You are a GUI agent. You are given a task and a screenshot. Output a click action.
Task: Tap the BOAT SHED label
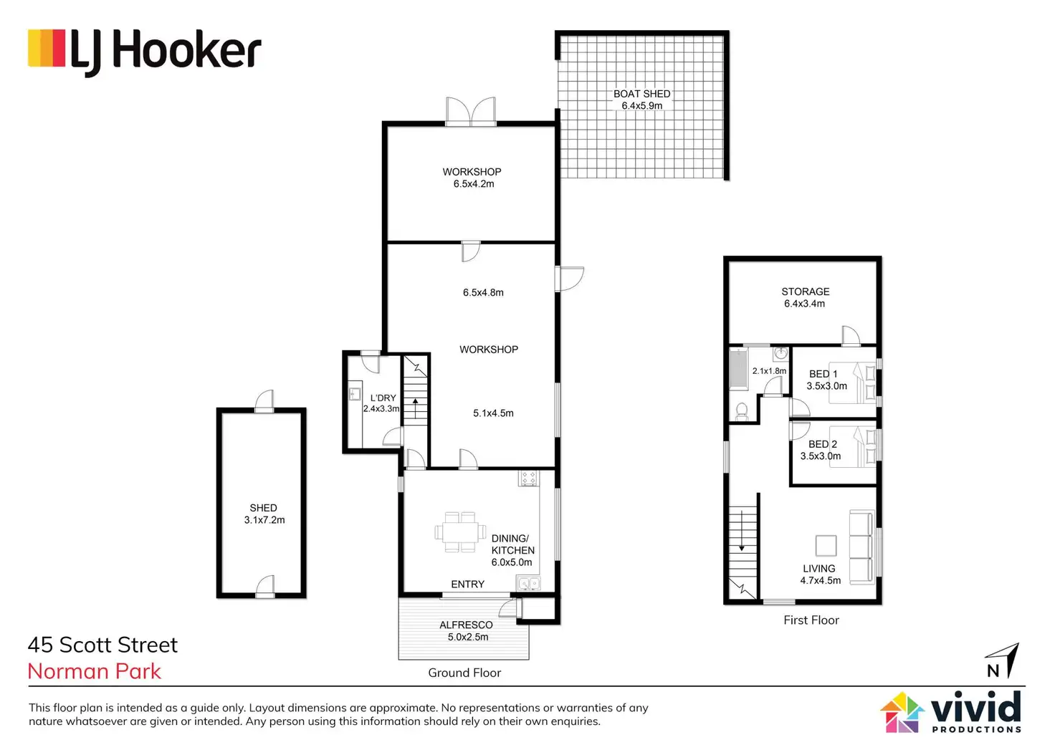tap(641, 94)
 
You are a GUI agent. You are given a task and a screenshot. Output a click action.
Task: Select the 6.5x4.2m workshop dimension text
tap(473, 184)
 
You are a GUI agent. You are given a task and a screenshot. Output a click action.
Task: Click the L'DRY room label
tap(383, 398)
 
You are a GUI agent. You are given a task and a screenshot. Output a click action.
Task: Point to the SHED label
tap(263, 508)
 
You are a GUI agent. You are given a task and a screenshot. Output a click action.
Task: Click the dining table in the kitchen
tap(460, 532)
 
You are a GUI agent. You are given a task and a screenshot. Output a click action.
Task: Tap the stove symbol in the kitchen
tap(528, 478)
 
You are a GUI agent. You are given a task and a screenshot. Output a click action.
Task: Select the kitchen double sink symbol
tap(529, 584)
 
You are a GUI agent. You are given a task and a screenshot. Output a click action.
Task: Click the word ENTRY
tap(467, 585)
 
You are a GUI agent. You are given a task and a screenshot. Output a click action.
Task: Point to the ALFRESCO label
tap(466, 625)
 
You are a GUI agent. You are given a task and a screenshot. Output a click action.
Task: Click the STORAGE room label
tap(805, 292)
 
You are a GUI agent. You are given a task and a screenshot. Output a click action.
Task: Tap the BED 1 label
tap(823, 374)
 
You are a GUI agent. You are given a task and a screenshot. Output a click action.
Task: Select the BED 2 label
tap(822, 444)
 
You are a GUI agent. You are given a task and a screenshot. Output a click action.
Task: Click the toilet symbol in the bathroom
tap(742, 411)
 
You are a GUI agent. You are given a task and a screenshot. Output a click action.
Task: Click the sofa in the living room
tap(861, 546)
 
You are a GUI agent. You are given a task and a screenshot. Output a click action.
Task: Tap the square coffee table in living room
tap(826, 546)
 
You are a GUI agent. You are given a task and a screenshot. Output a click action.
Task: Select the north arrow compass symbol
tap(1003, 660)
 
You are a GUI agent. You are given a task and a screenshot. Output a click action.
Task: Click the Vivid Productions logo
tap(952, 711)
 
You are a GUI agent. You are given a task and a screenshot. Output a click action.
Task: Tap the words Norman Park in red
tap(95, 671)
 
